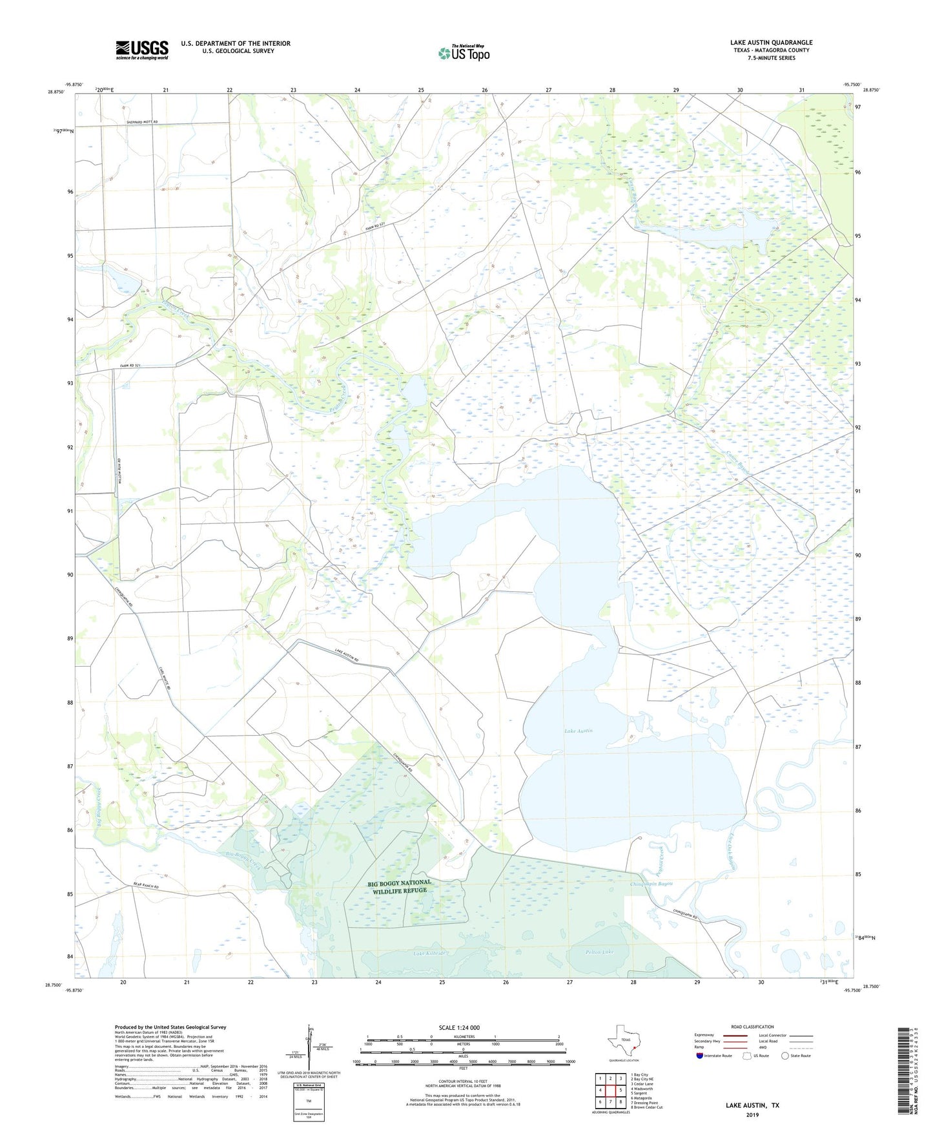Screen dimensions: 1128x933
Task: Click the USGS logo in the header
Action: point(142,50)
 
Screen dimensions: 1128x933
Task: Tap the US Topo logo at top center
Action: point(463,53)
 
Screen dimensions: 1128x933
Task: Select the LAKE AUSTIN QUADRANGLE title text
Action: point(771,43)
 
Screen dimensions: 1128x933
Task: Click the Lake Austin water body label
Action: point(578,731)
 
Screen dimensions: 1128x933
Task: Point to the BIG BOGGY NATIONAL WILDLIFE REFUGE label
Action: point(398,886)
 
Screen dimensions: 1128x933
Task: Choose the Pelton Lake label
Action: point(599,952)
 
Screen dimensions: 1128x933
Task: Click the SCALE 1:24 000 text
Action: point(459,1027)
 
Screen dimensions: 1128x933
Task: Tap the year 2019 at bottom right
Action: point(752,1114)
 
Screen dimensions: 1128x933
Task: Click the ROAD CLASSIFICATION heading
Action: point(752,1027)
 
